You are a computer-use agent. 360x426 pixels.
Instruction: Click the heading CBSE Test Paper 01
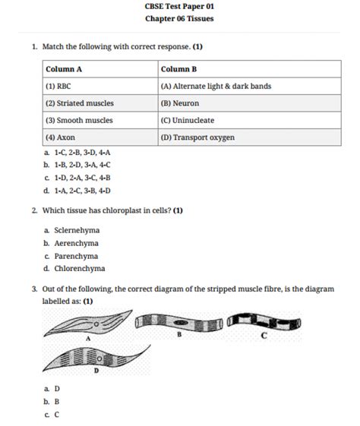pos(179,6)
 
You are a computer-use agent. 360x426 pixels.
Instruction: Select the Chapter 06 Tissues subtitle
pos(179,18)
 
